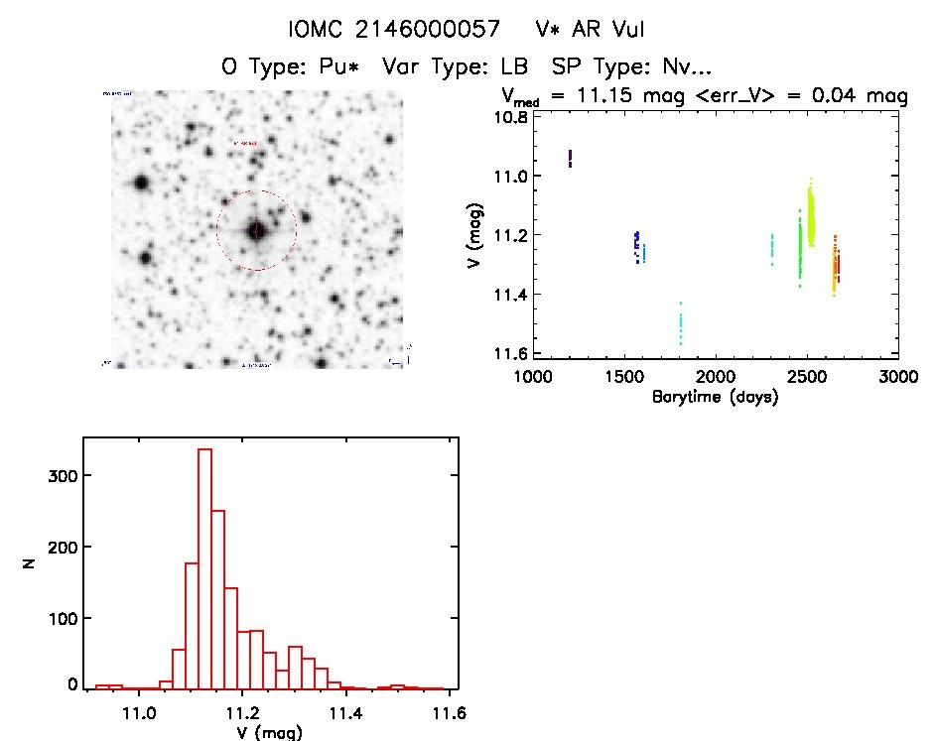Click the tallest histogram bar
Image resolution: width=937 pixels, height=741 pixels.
205,567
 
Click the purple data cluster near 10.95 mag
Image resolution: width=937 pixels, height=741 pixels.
570,158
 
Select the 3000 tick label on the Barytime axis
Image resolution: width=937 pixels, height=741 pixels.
898,378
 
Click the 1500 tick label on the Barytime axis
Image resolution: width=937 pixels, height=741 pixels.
623,378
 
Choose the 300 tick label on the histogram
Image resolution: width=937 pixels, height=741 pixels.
56,476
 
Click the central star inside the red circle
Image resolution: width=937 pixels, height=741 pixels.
256,230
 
